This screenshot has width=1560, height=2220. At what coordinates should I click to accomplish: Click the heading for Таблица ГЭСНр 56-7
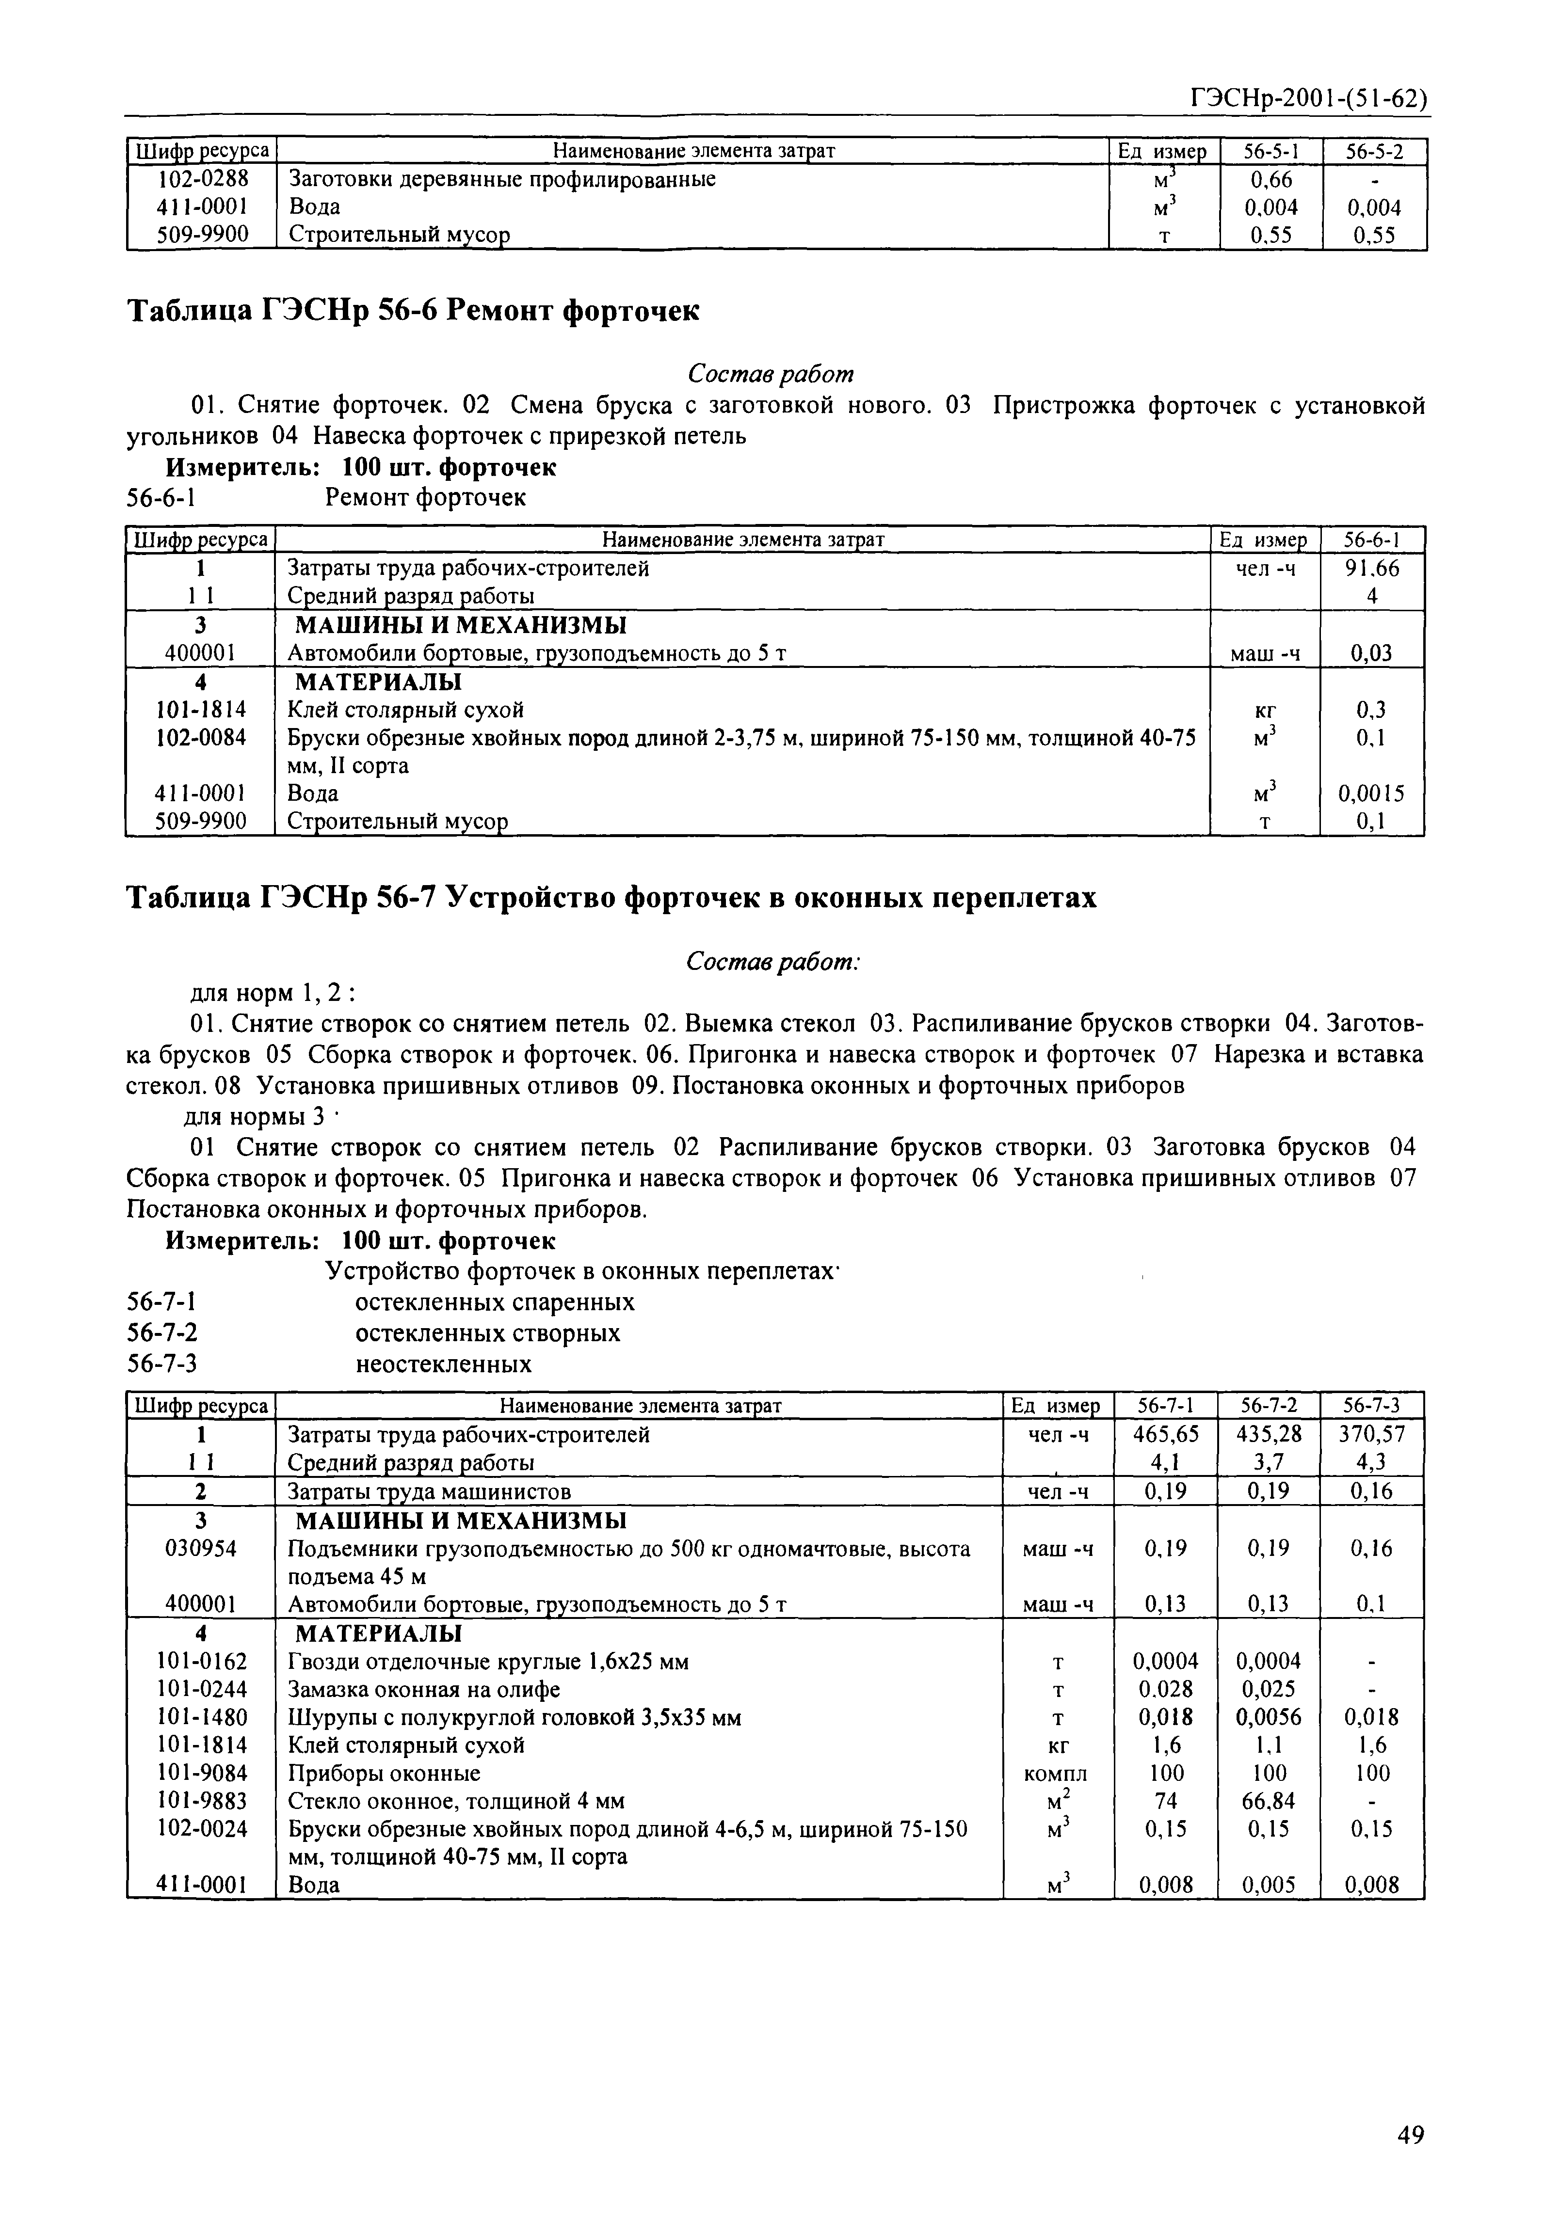click(612, 898)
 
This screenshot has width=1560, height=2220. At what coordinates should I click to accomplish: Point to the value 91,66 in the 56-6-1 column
click(1371, 569)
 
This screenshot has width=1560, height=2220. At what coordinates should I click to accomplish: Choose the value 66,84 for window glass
click(1269, 1800)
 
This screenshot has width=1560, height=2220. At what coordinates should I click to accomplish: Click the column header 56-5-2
click(1374, 152)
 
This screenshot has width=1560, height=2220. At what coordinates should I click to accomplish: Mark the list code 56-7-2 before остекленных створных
click(162, 1333)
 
